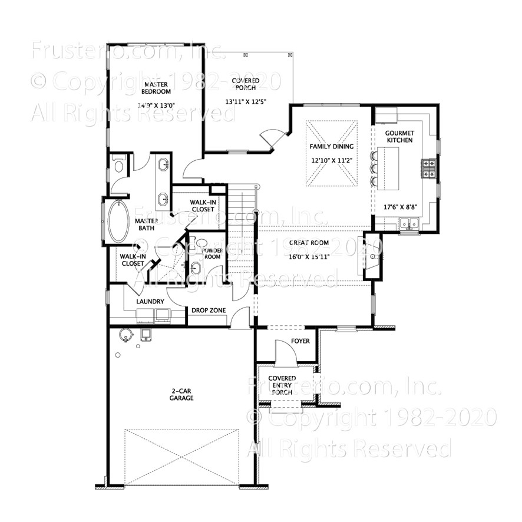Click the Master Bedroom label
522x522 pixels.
click(157, 88)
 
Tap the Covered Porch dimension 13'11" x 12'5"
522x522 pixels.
click(246, 101)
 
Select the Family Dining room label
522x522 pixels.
click(332, 146)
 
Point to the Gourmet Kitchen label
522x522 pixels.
click(399, 137)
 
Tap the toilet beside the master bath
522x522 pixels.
click(119, 166)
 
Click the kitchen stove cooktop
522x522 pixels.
click(428, 169)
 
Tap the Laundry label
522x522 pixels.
click(150, 302)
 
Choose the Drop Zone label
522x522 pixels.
click(209, 310)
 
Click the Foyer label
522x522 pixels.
click(300, 341)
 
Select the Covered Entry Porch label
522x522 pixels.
click(282, 385)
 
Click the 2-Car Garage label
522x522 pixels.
click(182, 394)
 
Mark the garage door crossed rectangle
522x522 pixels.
click(182, 457)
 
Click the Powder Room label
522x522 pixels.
click(211, 253)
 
